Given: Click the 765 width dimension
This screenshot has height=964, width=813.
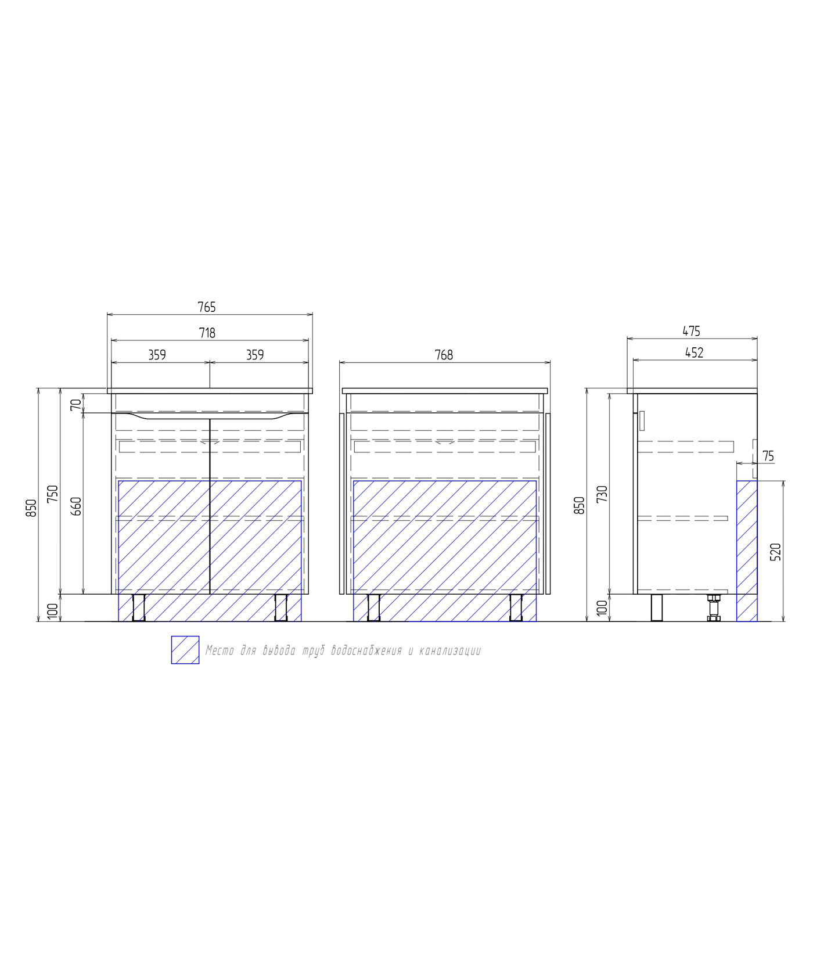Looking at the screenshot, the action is pyautogui.click(x=207, y=307).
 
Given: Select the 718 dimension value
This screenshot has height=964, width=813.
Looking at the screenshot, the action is pyautogui.click(x=207, y=333).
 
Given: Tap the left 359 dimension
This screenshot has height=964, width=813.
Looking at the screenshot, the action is pyautogui.click(x=157, y=355).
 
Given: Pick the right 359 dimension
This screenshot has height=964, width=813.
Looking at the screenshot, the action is pyautogui.click(x=255, y=355).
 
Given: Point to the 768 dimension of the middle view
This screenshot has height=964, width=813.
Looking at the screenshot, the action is pyautogui.click(x=444, y=355).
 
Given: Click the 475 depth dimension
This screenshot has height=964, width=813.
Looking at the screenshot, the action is pyautogui.click(x=691, y=331).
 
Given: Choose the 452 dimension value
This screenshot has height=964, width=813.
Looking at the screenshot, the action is pyautogui.click(x=695, y=352).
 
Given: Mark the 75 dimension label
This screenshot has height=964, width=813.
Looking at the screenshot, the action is pyautogui.click(x=768, y=456).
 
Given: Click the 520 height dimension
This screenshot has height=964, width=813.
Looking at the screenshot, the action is pyautogui.click(x=776, y=552).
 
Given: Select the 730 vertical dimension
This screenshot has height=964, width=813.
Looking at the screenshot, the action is pyautogui.click(x=602, y=494).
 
